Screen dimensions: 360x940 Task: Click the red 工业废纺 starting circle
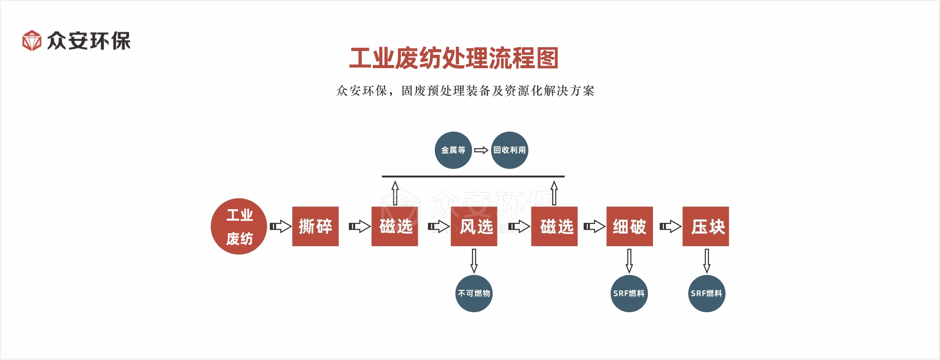tap(239, 226)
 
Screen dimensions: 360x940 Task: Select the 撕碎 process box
tap(315, 226)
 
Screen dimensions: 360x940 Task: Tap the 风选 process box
tap(474, 226)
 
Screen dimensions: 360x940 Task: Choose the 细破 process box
tap(630, 226)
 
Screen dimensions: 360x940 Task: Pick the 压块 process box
tap(706, 226)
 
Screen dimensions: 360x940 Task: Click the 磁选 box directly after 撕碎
tap(395, 226)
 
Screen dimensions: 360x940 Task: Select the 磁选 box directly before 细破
tap(554, 226)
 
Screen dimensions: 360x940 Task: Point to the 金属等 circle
tap(453, 150)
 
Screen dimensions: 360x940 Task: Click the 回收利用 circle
tap(510, 150)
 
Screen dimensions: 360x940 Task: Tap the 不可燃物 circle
tap(474, 294)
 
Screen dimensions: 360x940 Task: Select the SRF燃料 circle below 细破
tap(629, 294)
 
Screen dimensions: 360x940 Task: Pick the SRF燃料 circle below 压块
tap(707, 294)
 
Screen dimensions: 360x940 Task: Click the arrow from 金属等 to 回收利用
tap(481, 150)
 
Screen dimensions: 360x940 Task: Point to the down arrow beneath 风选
tap(474, 260)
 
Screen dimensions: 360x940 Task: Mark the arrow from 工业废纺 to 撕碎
tap(280, 226)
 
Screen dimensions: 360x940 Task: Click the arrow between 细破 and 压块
tap(670, 226)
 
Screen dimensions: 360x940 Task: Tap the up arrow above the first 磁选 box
tap(395, 193)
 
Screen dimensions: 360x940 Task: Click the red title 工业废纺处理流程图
tap(453, 58)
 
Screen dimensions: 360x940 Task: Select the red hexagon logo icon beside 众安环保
tap(32, 41)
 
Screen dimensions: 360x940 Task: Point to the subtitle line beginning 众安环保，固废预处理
tap(465, 91)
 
